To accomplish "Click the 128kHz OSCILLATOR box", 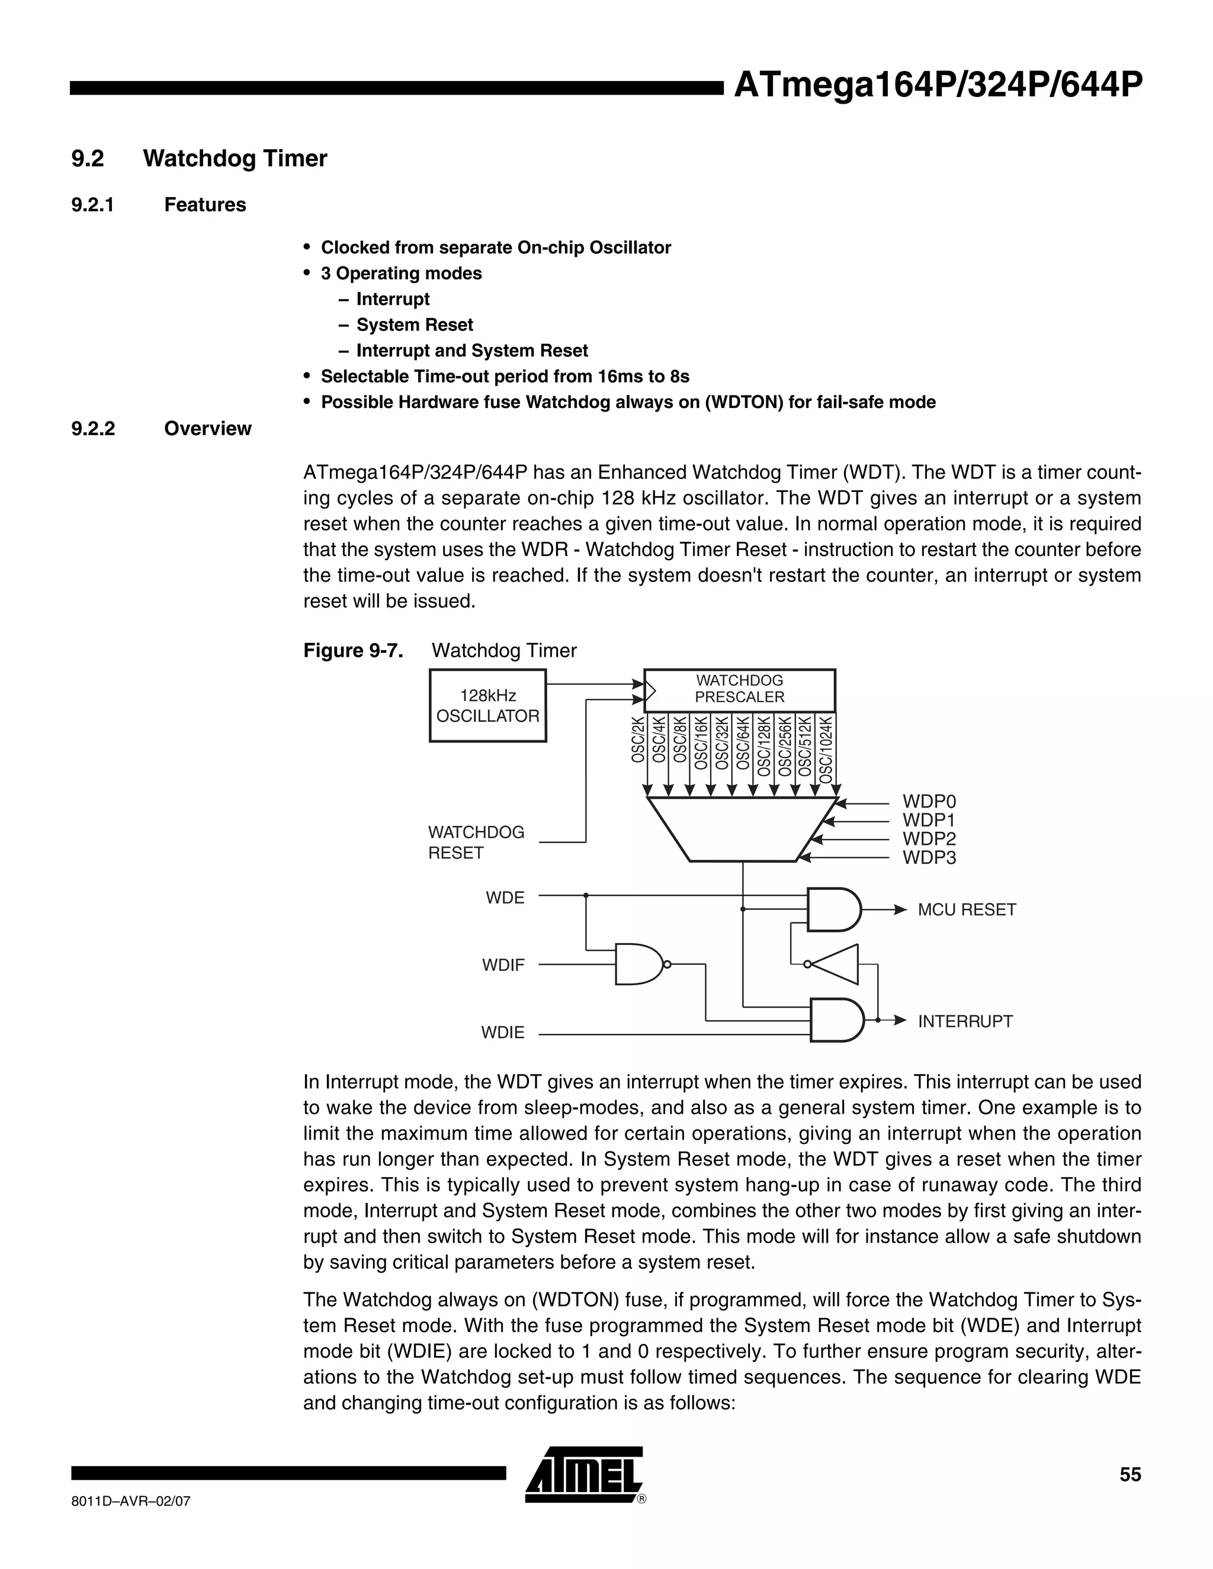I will [x=487, y=706].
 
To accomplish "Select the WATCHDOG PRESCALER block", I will [x=739, y=690].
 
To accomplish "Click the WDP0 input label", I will [x=929, y=802].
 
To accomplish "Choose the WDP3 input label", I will [x=929, y=858].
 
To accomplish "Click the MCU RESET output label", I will [x=967, y=910].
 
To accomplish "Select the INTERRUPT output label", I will [x=965, y=1021].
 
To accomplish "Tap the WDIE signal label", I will [x=502, y=1033].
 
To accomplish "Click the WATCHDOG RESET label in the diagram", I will [x=476, y=843].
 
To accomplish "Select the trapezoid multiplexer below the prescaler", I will [x=742, y=829].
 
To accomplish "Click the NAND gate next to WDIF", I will [x=640, y=964].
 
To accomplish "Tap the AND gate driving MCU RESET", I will [x=833, y=909].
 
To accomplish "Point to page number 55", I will [x=1129, y=1475].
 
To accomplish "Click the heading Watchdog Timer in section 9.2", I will [x=235, y=158].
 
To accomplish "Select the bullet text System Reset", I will [x=415, y=324].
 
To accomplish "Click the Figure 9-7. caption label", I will [x=353, y=651].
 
